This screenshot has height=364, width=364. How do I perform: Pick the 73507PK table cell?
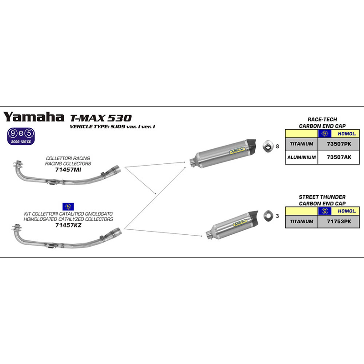tap(339, 144)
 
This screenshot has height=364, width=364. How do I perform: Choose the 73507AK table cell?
tap(339, 157)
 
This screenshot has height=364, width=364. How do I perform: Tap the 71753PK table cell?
tap(339, 221)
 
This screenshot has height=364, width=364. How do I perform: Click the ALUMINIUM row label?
tap(301, 157)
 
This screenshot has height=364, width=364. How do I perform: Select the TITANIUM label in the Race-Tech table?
tap(301, 144)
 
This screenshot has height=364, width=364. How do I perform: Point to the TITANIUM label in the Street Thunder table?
tap(301, 221)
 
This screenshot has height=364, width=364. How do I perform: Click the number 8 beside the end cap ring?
tap(278, 147)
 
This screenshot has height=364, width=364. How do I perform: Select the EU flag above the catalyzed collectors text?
tap(69, 207)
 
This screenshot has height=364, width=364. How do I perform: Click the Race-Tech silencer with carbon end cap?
tap(225, 152)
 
